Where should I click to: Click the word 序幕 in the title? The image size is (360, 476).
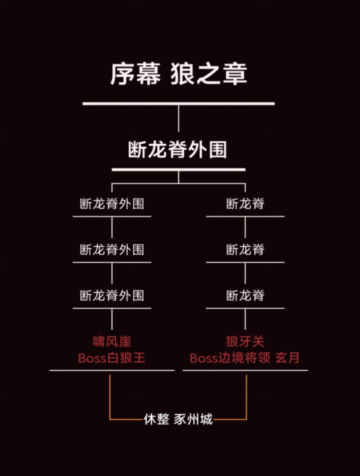(x=135, y=74)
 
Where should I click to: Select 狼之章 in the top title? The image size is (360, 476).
(x=209, y=74)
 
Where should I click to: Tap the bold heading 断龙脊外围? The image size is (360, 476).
(x=177, y=149)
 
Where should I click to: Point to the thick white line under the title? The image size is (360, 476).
(x=178, y=103)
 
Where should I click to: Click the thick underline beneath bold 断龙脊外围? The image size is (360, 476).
(x=178, y=169)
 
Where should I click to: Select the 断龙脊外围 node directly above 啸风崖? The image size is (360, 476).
(x=112, y=295)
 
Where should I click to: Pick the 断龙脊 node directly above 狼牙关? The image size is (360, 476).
(x=245, y=295)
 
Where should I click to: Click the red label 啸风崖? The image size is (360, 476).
(x=112, y=341)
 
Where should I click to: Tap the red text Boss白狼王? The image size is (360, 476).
(x=111, y=358)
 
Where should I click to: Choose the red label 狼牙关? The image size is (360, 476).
(x=245, y=341)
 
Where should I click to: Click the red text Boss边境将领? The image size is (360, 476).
(x=230, y=358)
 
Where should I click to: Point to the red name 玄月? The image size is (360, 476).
(x=287, y=358)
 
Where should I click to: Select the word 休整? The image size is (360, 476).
(x=156, y=419)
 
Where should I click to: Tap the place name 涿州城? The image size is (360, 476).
(x=193, y=419)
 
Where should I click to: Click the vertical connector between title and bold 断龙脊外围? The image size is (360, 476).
(x=178, y=118)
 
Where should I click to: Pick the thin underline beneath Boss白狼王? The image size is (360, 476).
(x=112, y=370)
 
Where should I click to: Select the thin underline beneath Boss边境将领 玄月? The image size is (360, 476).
(x=245, y=370)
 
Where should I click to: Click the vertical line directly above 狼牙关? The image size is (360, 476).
(x=245, y=319)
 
